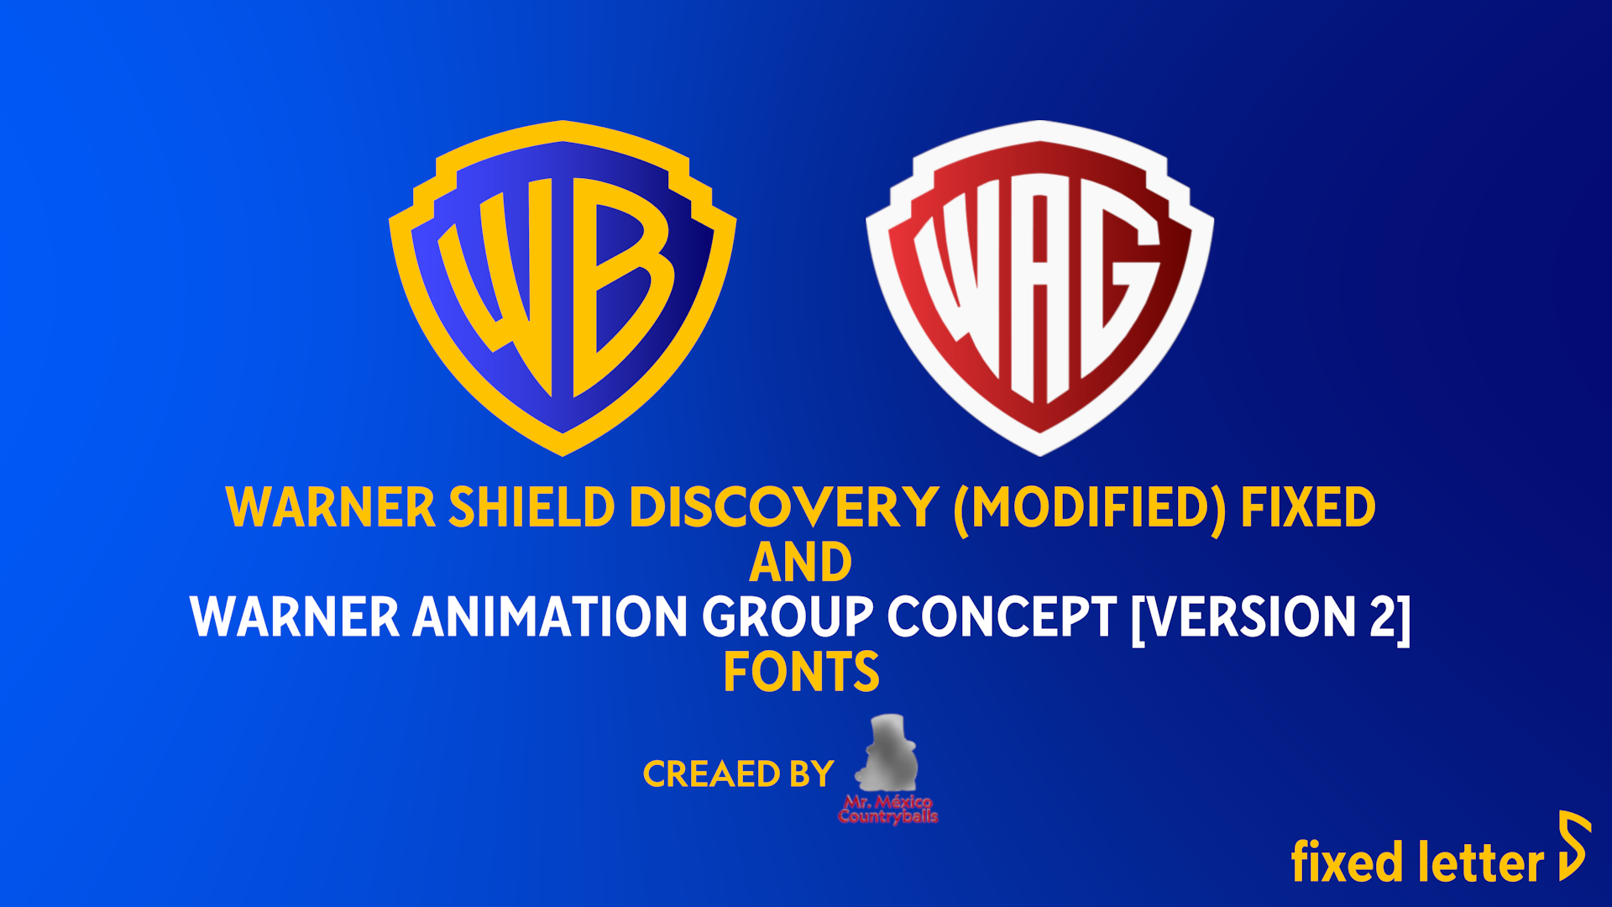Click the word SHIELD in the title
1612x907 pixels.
(531, 507)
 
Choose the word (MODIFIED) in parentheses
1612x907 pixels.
(1089, 507)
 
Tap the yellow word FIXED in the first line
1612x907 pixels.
(1307, 507)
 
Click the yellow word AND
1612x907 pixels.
(800, 562)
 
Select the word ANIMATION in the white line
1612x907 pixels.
(550, 617)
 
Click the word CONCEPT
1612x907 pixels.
(1002, 617)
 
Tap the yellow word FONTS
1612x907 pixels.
(801, 672)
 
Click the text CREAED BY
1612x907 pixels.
(738, 774)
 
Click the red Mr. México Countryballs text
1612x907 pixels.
(888, 810)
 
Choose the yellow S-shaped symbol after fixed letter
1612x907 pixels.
(1573, 846)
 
